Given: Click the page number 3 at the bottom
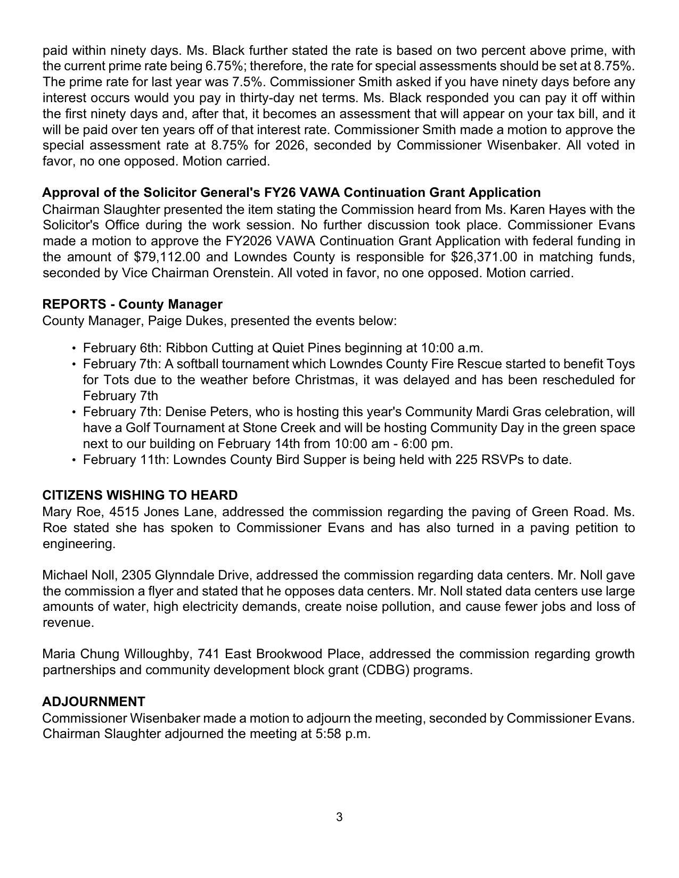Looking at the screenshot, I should click(339, 817).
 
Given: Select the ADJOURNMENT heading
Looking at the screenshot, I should click(94, 701).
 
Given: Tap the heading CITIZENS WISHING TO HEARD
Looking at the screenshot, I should click(140, 495).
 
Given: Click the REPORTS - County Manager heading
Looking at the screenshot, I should click(133, 304).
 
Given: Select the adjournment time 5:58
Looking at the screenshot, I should click(329, 734).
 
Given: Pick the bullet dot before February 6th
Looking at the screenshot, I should click(73, 349).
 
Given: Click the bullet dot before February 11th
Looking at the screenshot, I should click(73, 460).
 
